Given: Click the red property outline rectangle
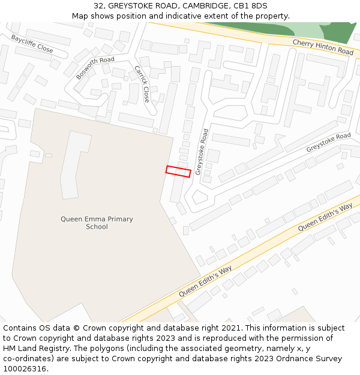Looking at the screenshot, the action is [178, 172].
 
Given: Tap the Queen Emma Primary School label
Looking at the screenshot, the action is [97, 223].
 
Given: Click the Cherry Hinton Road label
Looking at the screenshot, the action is [323, 47].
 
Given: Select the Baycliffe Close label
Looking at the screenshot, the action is [32, 43].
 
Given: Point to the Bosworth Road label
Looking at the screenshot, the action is [95, 68].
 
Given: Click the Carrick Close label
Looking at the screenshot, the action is [142, 84].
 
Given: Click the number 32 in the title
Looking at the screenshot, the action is [98, 6].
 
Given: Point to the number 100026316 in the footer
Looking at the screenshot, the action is [23, 369].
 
